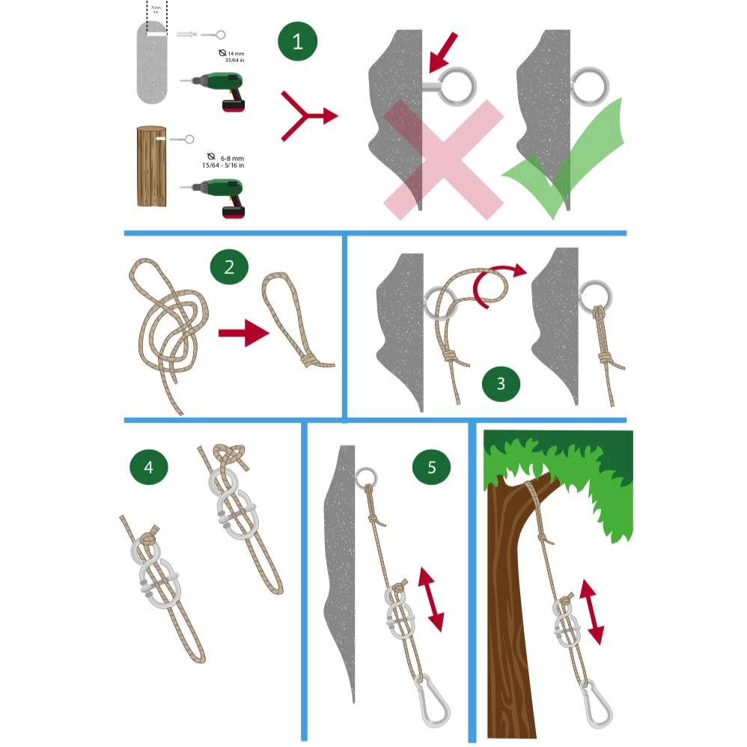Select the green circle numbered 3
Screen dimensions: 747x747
coord(501,383)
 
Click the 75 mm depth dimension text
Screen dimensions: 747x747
coord(156,9)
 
